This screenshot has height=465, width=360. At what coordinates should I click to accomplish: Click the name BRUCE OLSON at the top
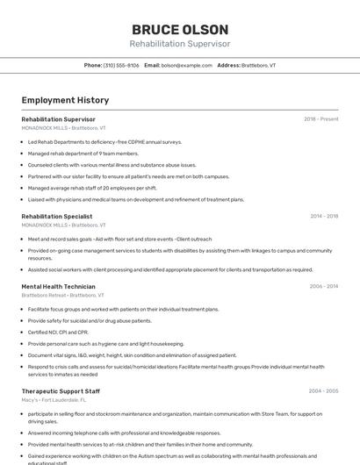[180, 30]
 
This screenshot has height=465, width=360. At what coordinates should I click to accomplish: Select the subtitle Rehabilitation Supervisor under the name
[180, 44]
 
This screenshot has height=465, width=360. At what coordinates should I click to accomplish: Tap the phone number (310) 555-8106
[121, 65]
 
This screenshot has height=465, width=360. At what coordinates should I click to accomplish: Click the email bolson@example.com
[187, 65]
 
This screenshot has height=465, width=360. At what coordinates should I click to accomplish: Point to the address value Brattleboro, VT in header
[259, 65]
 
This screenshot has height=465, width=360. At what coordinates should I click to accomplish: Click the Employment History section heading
[65, 100]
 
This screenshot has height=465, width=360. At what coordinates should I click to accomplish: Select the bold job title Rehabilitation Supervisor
[58, 119]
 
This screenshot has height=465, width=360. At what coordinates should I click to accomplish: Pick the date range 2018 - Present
[320, 119]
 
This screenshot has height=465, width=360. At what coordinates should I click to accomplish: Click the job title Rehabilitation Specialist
[56, 216]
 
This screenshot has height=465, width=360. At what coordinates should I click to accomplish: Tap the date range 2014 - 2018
[324, 216]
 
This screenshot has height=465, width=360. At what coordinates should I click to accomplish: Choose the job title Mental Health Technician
[58, 286]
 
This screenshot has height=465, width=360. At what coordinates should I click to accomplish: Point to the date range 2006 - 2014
[323, 286]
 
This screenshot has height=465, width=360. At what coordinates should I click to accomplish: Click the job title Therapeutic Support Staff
[61, 391]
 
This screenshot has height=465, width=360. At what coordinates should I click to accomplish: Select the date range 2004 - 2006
[323, 391]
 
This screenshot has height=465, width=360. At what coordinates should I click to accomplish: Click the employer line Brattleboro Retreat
[57, 295]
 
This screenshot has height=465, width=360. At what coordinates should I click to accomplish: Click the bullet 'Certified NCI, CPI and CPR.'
[58, 333]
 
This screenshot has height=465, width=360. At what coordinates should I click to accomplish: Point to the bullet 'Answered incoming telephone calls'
[124, 433]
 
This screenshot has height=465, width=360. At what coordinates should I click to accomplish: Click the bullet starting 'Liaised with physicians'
[135, 199]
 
